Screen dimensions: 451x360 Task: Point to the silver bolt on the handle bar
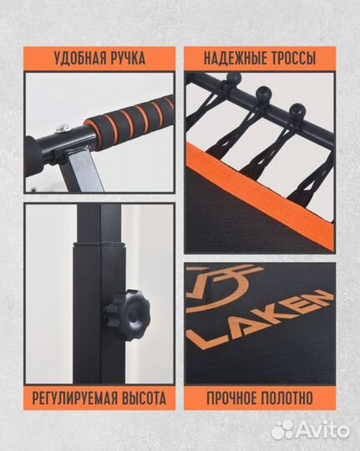coord(63,128)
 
